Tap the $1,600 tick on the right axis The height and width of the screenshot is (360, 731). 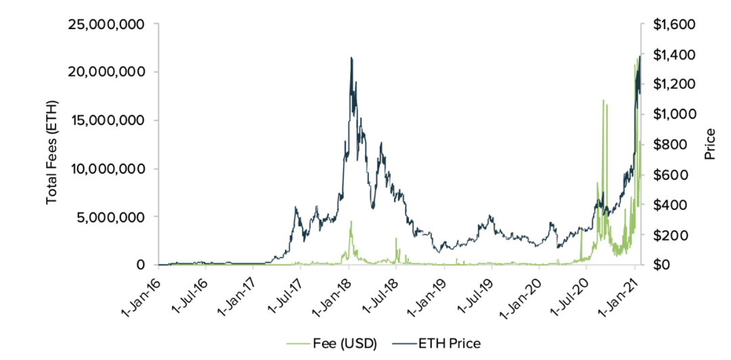[668, 24]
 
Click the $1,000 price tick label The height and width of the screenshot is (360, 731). [668, 114]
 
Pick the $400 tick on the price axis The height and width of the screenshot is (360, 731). [665, 204]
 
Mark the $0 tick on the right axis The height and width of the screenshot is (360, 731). [659, 265]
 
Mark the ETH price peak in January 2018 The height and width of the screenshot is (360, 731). [351, 58]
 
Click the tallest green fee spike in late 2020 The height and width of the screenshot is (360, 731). [602, 100]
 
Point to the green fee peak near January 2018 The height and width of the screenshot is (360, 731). [351, 221]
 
